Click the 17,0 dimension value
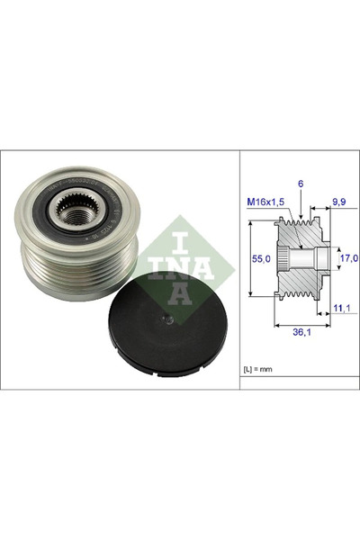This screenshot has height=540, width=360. tap(347, 259)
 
